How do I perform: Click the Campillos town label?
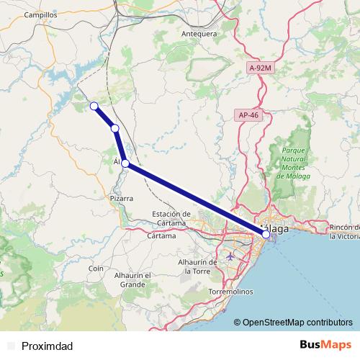(40, 14)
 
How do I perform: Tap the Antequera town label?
(199, 33)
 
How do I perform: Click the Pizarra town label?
(122, 197)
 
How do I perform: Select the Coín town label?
(96, 268)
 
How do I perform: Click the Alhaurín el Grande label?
(132, 279)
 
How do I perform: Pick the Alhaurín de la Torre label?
(198, 266)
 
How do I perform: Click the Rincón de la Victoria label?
(344, 231)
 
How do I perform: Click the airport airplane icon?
(230, 256)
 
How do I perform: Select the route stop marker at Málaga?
(266, 234)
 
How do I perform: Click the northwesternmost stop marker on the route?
(93, 107)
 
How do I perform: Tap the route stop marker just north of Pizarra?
(125, 163)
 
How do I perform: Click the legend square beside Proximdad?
(10, 346)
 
